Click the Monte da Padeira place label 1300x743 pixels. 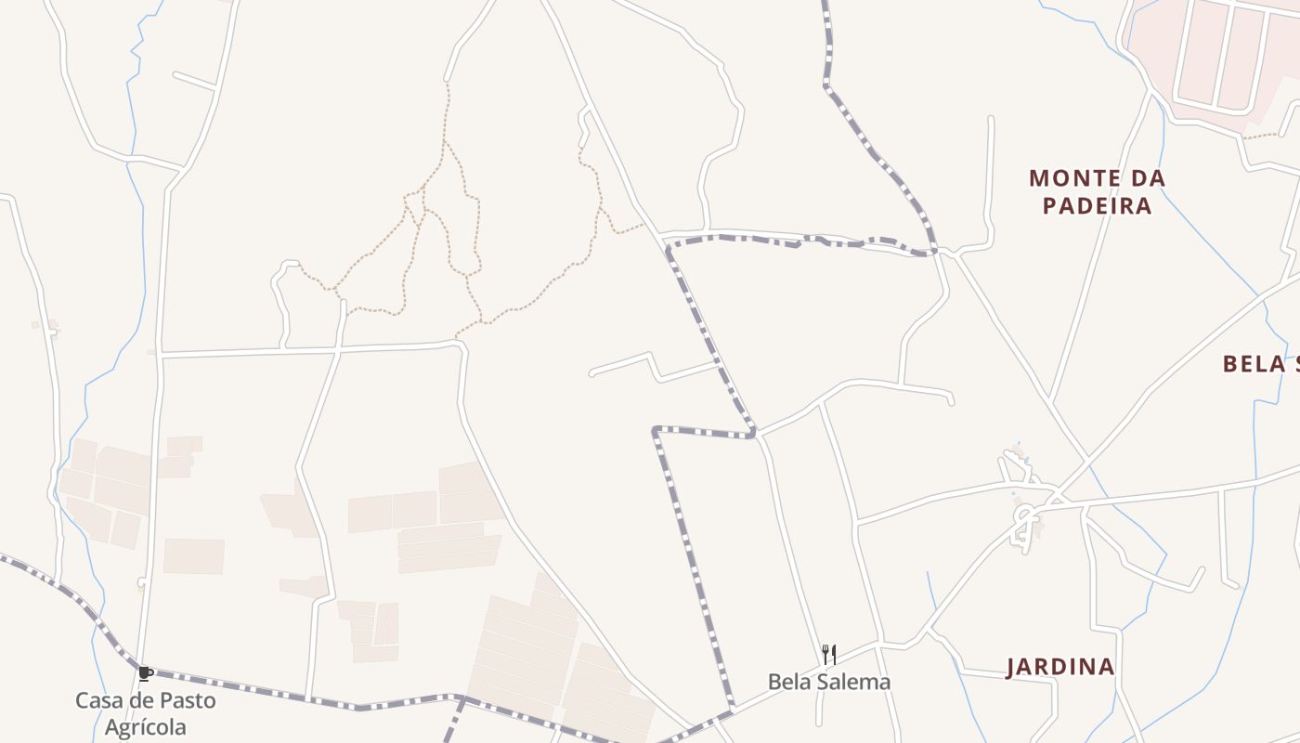pyautogui.click(x=1097, y=191)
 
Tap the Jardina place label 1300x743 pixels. pyautogui.click(x=1060, y=667)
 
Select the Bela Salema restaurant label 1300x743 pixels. pyautogui.click(x=828, y=682)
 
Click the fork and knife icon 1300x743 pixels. pyautogui.click(x=829, y=655)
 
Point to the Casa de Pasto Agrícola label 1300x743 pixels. pyautogui.click(x=145, y=713)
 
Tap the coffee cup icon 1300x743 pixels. pyautogui.click(x=145, y=673)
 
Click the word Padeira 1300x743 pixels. pyautogui.click(x=1097, y=205)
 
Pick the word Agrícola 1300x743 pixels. pyautogui.click(x=145, y=727)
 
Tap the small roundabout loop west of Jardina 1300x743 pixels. pyautogui.click(x=1025, y=521)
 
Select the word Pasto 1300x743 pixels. pyautogui.click(x=186, y=700)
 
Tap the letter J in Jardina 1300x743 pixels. pyautogui.click(x=1012, y=667)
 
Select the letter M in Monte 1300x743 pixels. pyautogui.click(x=1039, y=177)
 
